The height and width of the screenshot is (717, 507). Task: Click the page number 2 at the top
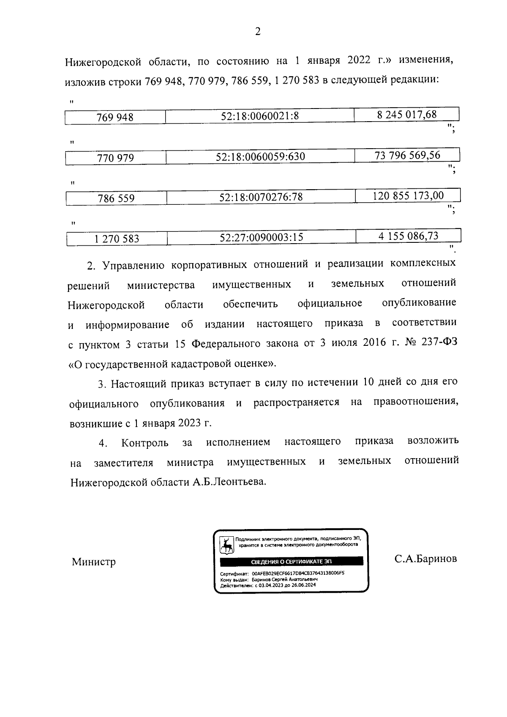[258, 32]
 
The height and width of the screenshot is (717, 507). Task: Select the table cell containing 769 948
[115, 117]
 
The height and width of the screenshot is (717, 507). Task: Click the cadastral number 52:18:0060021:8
[260, 116]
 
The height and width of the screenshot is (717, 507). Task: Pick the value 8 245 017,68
[406, 114]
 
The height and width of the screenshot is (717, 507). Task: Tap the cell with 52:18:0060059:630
[260, 157]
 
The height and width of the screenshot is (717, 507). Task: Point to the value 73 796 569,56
[407, 155]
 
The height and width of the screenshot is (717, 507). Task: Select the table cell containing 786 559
[116, 198]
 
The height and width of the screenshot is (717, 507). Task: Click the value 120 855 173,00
[408, 196]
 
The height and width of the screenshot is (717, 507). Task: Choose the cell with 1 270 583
[117, 239]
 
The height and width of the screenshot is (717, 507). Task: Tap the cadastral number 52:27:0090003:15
[262, 237]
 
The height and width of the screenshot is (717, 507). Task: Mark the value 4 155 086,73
[408, 236]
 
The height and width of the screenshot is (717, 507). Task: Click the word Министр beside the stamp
[94, 562]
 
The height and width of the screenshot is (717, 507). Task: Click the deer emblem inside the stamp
[227, 545]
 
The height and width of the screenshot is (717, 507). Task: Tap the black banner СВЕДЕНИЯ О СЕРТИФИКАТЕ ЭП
[292, 562]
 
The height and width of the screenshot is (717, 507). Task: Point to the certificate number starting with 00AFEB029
[298, 574]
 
